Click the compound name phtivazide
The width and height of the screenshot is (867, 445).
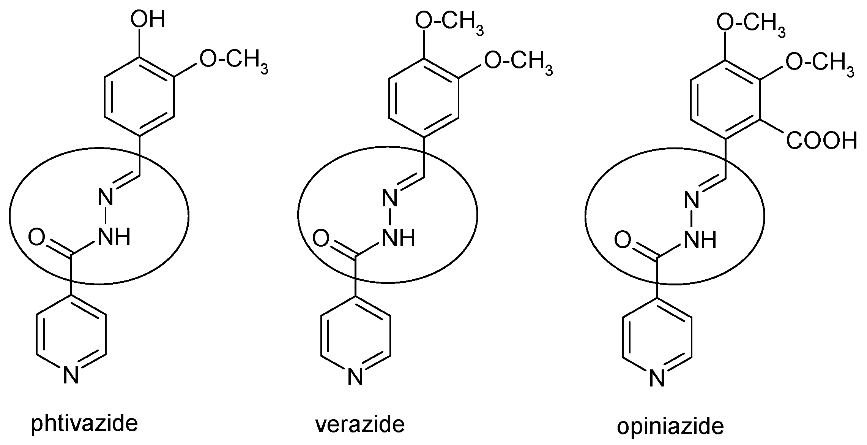84,424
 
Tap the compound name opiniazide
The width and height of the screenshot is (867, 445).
670,426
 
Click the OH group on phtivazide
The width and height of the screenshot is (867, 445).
148,19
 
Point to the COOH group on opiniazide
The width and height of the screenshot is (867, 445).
821,141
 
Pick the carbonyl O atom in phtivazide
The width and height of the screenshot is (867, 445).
36,237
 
